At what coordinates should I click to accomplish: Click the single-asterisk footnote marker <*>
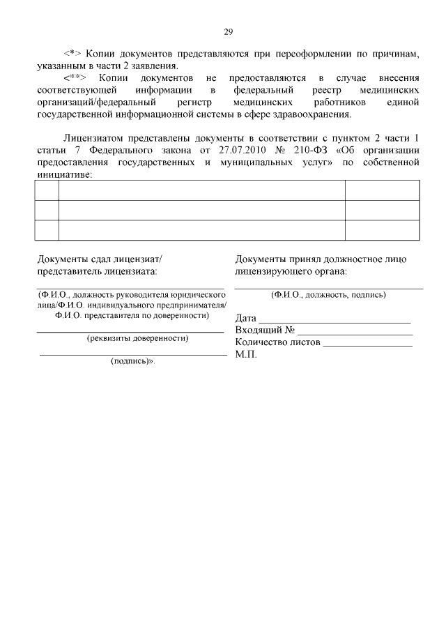(x=73, y=53)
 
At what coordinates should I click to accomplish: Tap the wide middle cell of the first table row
(x=201, y=190)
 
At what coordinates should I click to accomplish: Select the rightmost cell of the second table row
(x=382, y=210)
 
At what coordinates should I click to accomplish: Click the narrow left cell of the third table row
(x=47, y=229)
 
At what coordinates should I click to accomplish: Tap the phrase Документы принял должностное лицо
(x=321, y=259)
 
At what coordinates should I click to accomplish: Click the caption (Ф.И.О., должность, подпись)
(x=328, y=295)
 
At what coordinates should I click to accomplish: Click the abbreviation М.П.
(x=246, y=355)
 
